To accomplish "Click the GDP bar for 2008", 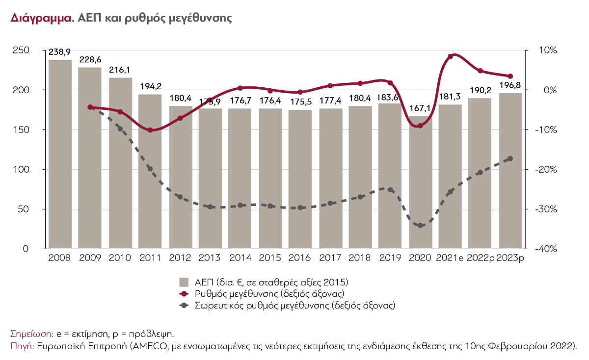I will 60,154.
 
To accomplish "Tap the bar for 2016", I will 300,179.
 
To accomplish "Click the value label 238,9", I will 59,51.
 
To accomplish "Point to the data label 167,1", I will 420,108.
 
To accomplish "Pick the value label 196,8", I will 510,85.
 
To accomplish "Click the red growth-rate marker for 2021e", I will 450,56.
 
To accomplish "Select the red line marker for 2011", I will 150,130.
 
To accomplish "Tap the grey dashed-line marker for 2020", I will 420,225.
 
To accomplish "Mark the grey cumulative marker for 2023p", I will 510,158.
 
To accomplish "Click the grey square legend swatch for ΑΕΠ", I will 184,282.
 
